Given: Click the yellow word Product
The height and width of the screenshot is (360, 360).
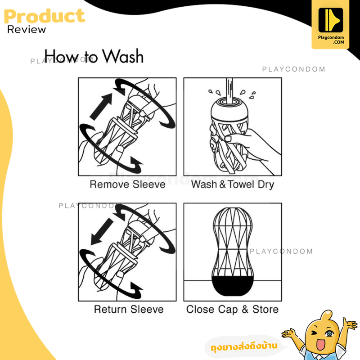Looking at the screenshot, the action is click(x=45, y=16).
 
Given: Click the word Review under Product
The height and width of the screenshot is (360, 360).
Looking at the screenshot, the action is click(x=27, y=30).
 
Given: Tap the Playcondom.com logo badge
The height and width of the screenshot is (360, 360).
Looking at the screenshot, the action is click(x=330, y=25).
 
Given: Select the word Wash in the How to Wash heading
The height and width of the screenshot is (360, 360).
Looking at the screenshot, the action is click(x=123, y=56).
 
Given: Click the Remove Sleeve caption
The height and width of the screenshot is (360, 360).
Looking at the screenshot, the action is click(x=127, y=184).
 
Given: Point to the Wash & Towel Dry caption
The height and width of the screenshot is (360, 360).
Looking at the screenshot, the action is click(x=233, y=184).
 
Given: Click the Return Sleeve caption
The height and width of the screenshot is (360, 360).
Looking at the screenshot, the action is click(x=129, y=309).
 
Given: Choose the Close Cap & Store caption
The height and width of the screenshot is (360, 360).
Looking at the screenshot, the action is click(x=232, y=310).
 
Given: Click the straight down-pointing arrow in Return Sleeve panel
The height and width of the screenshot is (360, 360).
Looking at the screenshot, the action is click(x=102, y=232).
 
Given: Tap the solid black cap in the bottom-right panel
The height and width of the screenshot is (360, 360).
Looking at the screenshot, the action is click(x=233, y=286).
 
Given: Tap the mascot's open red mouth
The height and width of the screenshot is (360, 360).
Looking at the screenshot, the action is click(x=320, y=344).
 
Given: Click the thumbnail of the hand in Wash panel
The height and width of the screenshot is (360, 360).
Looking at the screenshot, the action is click(x=228, y=139).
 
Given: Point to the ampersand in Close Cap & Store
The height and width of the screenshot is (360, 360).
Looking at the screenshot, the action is click(x=245, y=309).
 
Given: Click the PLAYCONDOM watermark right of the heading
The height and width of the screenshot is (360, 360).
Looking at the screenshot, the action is click(x=294, y=69).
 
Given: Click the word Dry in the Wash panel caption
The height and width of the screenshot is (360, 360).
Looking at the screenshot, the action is click(x=266, y=185).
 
